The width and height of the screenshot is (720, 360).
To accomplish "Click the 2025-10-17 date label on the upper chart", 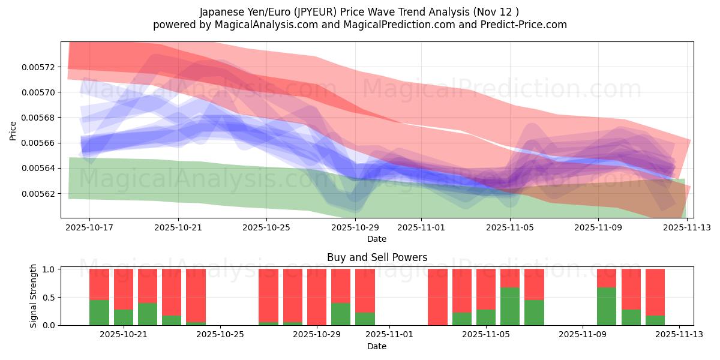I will [89, 228].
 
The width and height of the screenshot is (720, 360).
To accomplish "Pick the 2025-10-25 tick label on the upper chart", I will [266, 228].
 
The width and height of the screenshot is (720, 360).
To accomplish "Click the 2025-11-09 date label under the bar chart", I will [583, 335].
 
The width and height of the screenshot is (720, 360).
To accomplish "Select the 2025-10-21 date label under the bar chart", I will [124, 335].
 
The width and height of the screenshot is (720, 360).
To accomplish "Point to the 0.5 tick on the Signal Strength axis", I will [50, 298].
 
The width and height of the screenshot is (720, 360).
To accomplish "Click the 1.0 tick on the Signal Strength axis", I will [50, 269].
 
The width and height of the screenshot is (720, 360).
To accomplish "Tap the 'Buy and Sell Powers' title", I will [377, 257].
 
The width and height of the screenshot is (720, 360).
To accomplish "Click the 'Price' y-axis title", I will [13, 130].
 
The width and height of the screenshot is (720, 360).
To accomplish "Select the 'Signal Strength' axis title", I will [34, 296].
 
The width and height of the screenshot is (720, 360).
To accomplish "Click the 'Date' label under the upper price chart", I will [377, 239].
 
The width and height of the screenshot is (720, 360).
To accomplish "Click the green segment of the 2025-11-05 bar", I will [510, 306].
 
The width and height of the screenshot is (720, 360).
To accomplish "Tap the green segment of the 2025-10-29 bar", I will [341, 314].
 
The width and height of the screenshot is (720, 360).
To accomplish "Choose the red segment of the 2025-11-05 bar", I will [510, 278].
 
